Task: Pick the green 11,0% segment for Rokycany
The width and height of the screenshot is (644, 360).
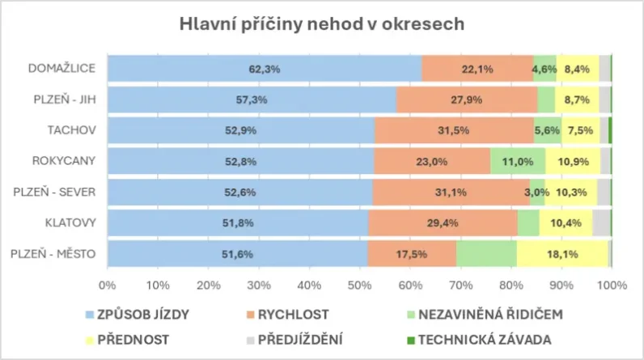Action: tap(518, 161)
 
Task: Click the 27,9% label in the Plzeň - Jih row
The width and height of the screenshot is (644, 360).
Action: tap(466, 100)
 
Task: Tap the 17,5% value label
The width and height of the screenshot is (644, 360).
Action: tap(413, 254)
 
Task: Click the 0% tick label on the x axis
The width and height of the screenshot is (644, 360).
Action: tap(107, 285)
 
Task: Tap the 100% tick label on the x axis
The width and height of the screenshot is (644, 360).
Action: tap(612, 285)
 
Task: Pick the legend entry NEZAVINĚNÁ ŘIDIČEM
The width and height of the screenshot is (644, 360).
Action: tap(492, 315)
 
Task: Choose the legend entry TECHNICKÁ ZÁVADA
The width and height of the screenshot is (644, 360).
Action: tap(493, 338)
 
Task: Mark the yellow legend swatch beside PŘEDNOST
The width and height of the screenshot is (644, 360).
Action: tap(88, 338)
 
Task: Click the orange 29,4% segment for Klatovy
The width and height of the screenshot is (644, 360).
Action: tap(443, 222)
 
